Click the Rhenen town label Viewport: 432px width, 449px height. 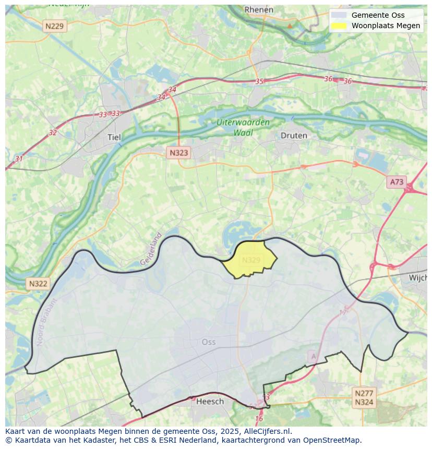[x=259, y=9]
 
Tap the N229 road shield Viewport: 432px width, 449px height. [x=54, y=26]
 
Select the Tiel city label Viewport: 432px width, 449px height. [x=114, y=137]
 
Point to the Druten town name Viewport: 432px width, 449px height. [x=294, y=136]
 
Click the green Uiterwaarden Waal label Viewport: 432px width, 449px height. [x=244, y=127]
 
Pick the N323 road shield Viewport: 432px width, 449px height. [x=178, y=153]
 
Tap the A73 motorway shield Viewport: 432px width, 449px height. [x=397, y=182]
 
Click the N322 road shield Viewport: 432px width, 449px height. [x=38, y=284]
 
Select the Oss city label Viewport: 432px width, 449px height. [x=208, y=342]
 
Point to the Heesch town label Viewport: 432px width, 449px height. [x=210, y=401]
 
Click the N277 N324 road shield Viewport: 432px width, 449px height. [x=364, y=398]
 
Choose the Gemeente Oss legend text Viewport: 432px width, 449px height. [x=378, y=15]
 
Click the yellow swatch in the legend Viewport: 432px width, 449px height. [x=339, y=26]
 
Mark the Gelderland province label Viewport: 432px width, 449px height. [x=151, y=249]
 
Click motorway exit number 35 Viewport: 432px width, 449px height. [x=259, y=81]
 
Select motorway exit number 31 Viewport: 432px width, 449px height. [x=19, y=159]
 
